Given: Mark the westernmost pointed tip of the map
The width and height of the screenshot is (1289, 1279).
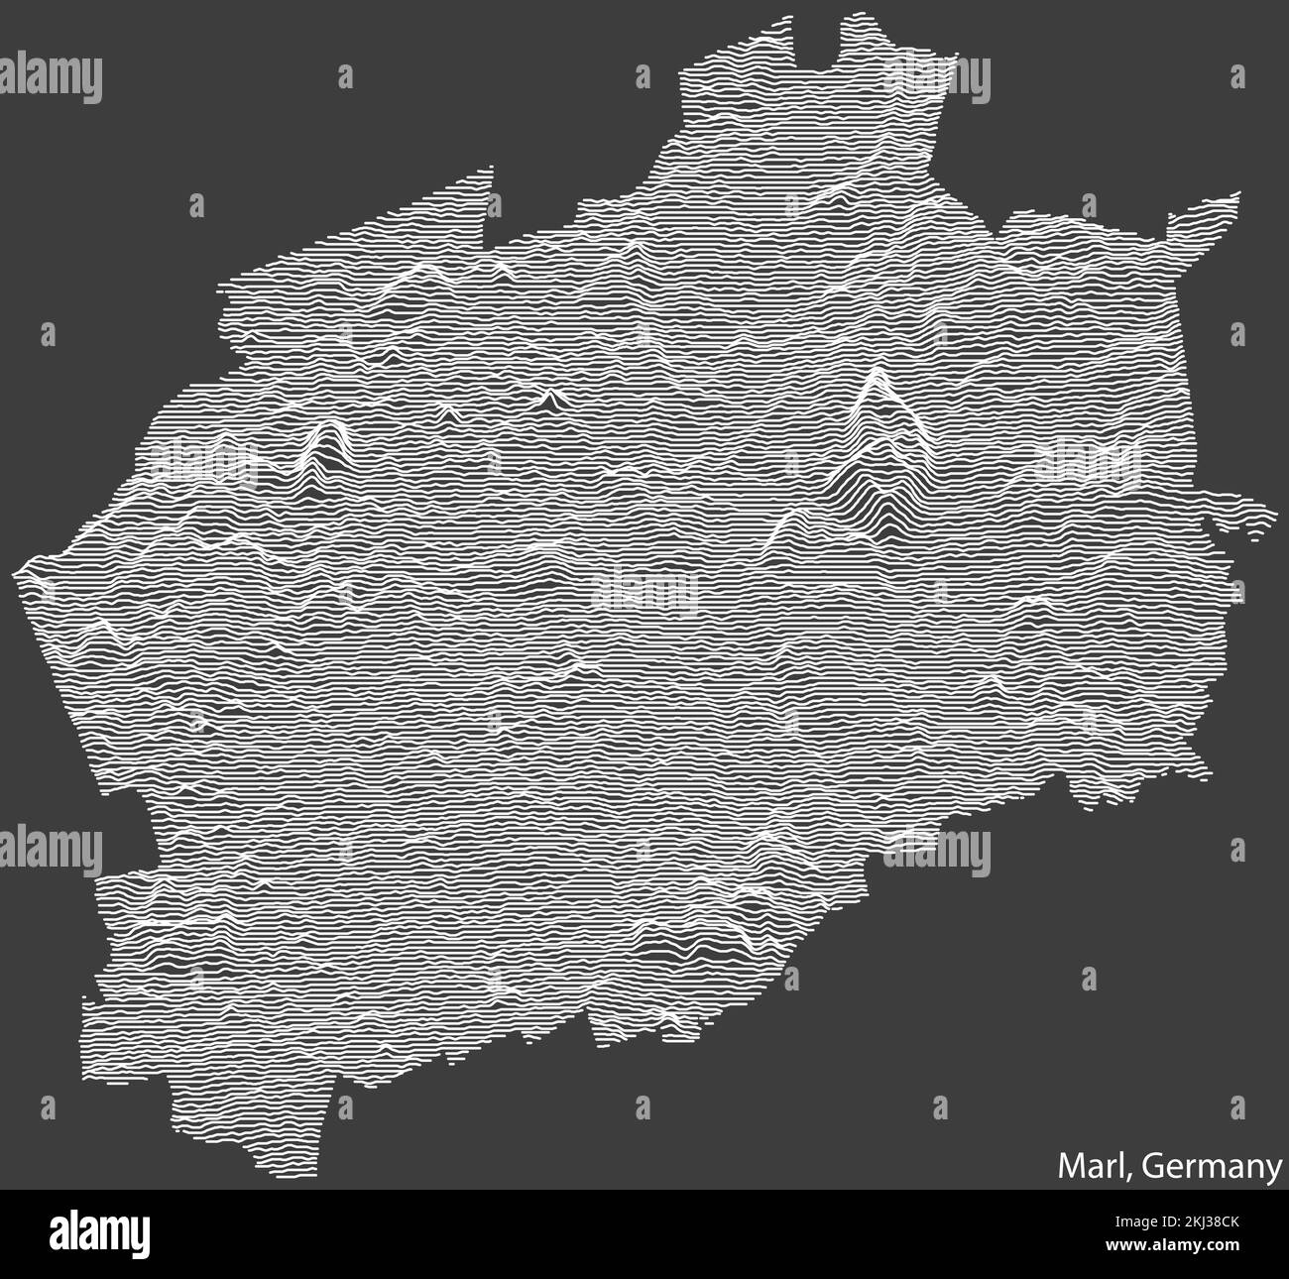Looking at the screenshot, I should click(x=19, y=573).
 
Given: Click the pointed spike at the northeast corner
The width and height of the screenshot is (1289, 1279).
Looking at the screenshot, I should click(x=1234, y=195).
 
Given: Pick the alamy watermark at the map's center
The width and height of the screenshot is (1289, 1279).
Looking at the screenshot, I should click(x=644, y=591).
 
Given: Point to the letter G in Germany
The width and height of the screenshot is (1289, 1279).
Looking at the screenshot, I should click(x=1151, y=1167).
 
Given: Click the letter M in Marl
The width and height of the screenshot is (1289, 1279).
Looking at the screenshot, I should click(x=1072, y=1167).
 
